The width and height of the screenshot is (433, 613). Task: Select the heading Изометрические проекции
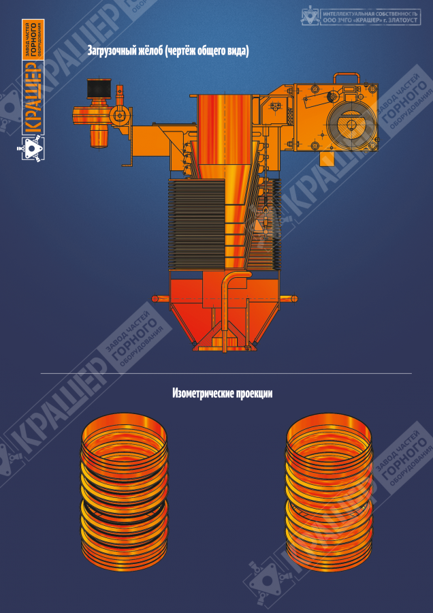click(223, 394)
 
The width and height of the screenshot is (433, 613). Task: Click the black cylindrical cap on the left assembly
click(99, 89)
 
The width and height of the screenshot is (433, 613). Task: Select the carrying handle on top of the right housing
click(346, 78)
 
